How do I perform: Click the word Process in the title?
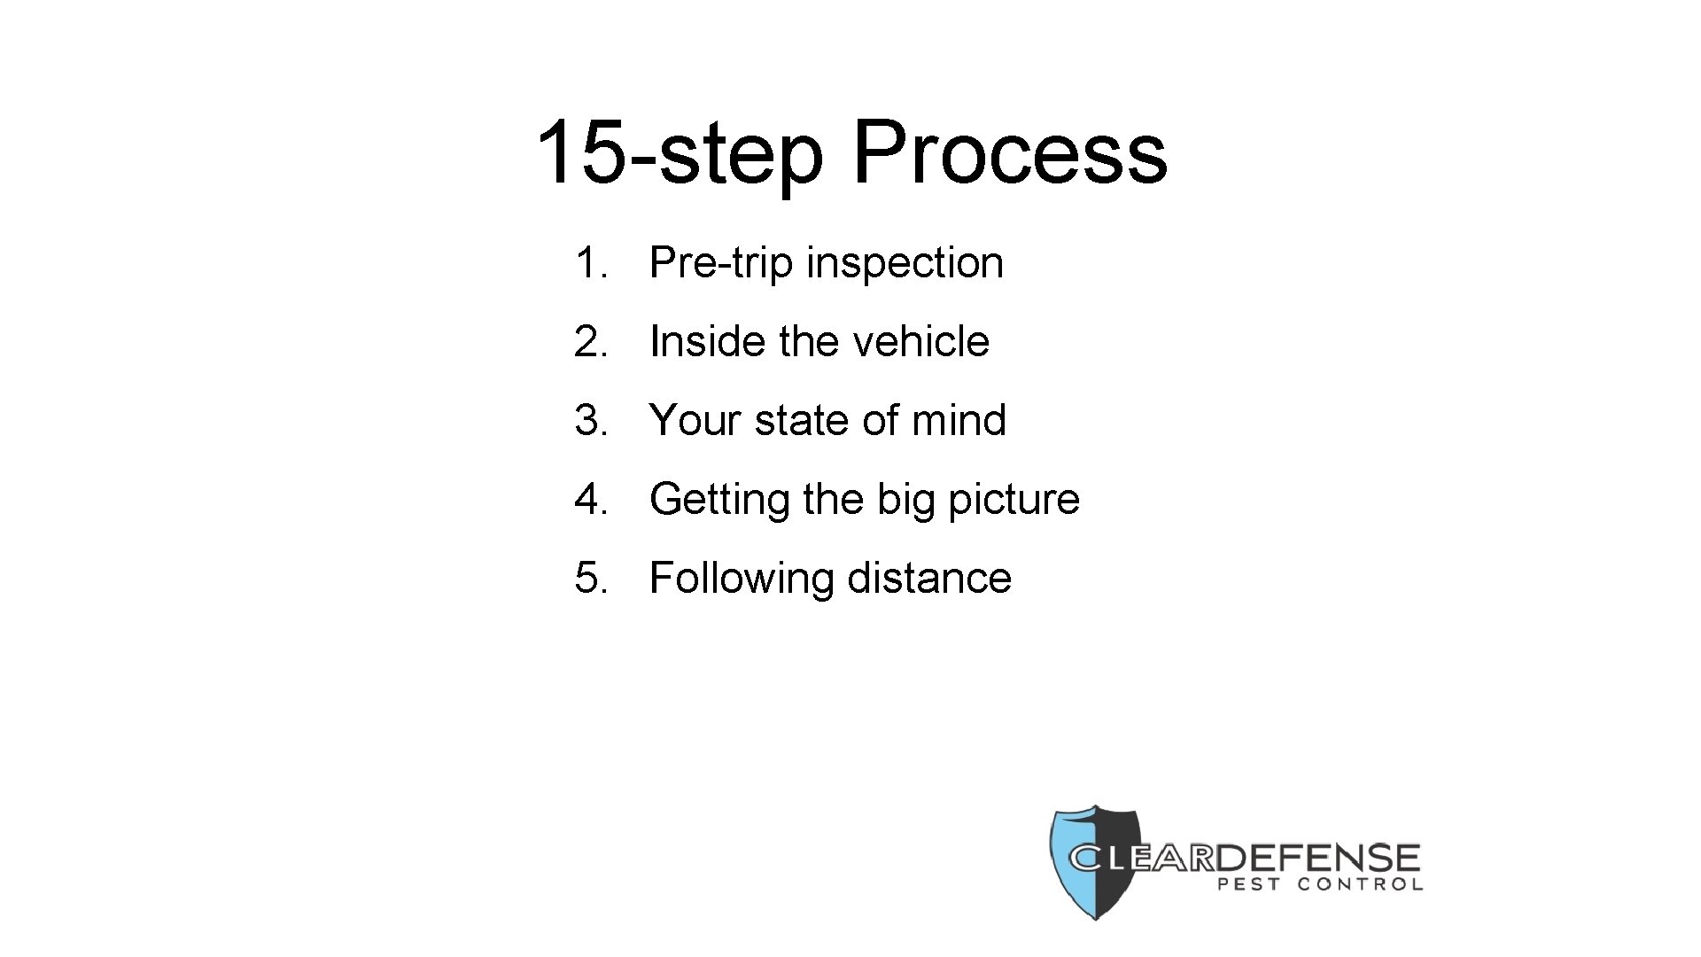(x=1010, y=152)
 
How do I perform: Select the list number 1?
(x=589, y=263)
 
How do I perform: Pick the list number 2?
(x=590, y=342)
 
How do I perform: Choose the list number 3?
(x=590, y=420)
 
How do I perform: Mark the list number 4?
(x=590, y=499)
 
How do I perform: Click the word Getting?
(x=718, y=500)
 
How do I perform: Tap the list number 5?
(x=590, y=578)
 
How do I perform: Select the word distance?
(x=929, y=578)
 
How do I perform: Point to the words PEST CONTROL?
(x=1321, y=883)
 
